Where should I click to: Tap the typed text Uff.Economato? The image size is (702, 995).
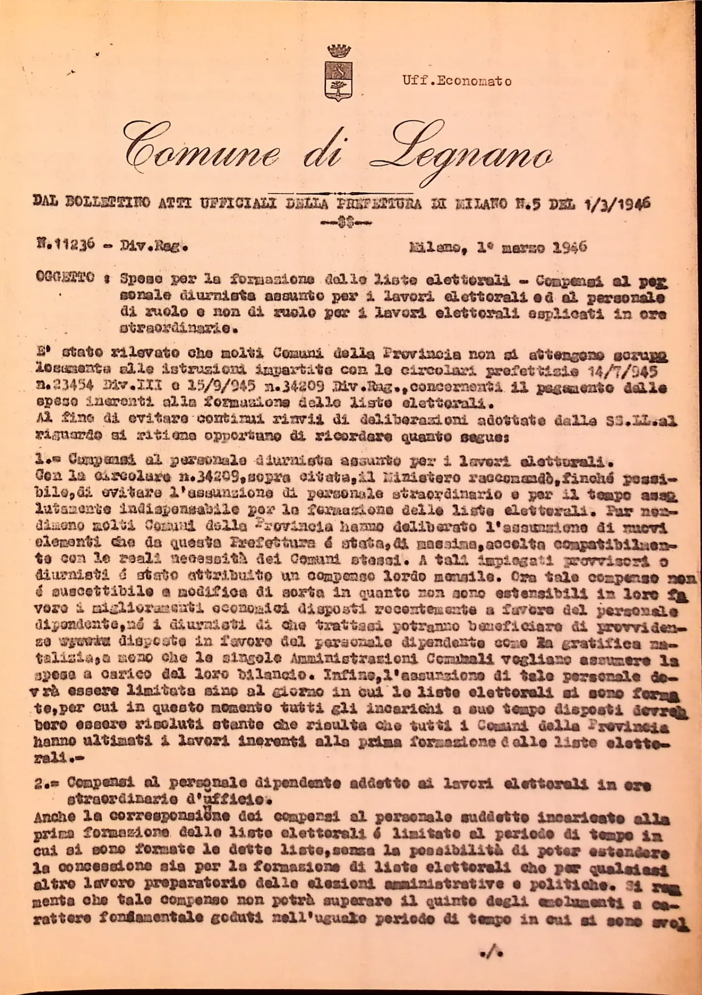click(x=457, y=81)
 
